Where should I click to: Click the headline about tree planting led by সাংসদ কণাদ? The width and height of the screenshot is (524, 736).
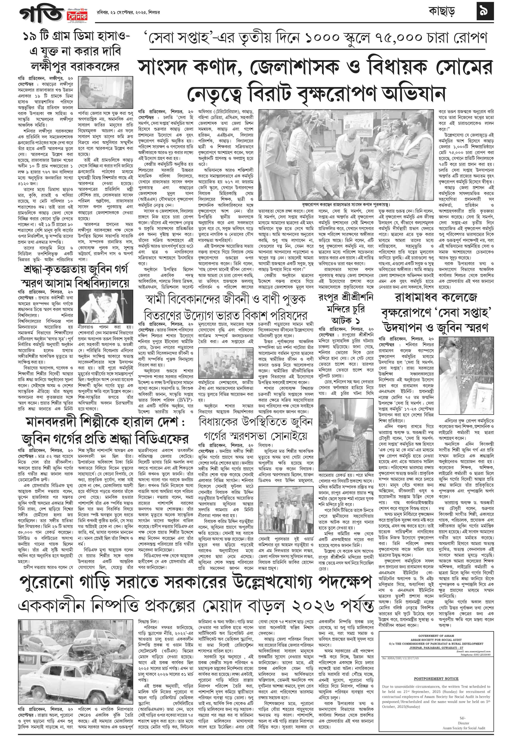315,81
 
